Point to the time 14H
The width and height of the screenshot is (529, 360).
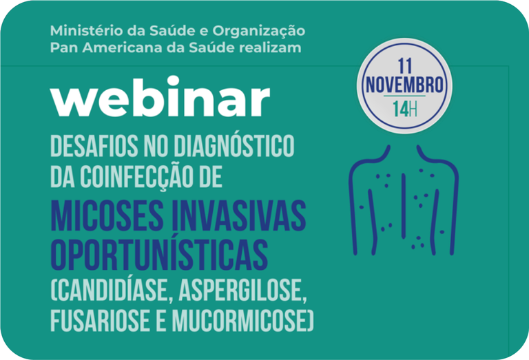pyautogui.click(x=404, y=108)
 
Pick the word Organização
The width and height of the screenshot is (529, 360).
pyautogui.click(x=262, y=32)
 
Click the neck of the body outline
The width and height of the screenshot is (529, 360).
pyautogui.click(x=405, y=153)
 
